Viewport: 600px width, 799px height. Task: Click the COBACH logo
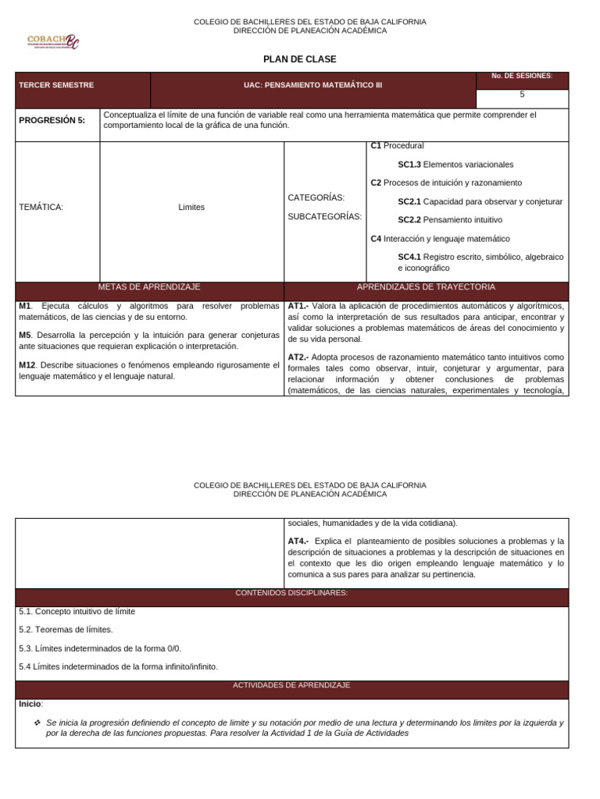52,41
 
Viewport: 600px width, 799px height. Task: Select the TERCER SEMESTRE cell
56,85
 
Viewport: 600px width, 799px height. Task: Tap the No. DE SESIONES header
521,76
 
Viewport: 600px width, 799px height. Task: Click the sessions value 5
522,94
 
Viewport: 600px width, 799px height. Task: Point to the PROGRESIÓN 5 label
52,120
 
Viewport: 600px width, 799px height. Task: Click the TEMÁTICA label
41,207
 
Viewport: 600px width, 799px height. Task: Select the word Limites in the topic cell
191,207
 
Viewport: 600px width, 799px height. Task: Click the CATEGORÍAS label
316,197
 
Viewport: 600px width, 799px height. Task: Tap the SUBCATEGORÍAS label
324,216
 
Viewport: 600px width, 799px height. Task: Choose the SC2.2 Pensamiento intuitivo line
449,220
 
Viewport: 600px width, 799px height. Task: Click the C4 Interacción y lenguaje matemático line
440,239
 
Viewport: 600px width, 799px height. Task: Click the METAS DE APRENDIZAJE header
149,287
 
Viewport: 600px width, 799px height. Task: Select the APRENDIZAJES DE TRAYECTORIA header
426,287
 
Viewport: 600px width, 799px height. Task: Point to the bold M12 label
27,365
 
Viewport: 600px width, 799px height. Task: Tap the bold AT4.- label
298,541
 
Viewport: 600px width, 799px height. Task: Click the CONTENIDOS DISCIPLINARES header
291,593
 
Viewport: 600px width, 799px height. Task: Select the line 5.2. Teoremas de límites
66,630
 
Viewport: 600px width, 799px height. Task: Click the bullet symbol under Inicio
37,723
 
